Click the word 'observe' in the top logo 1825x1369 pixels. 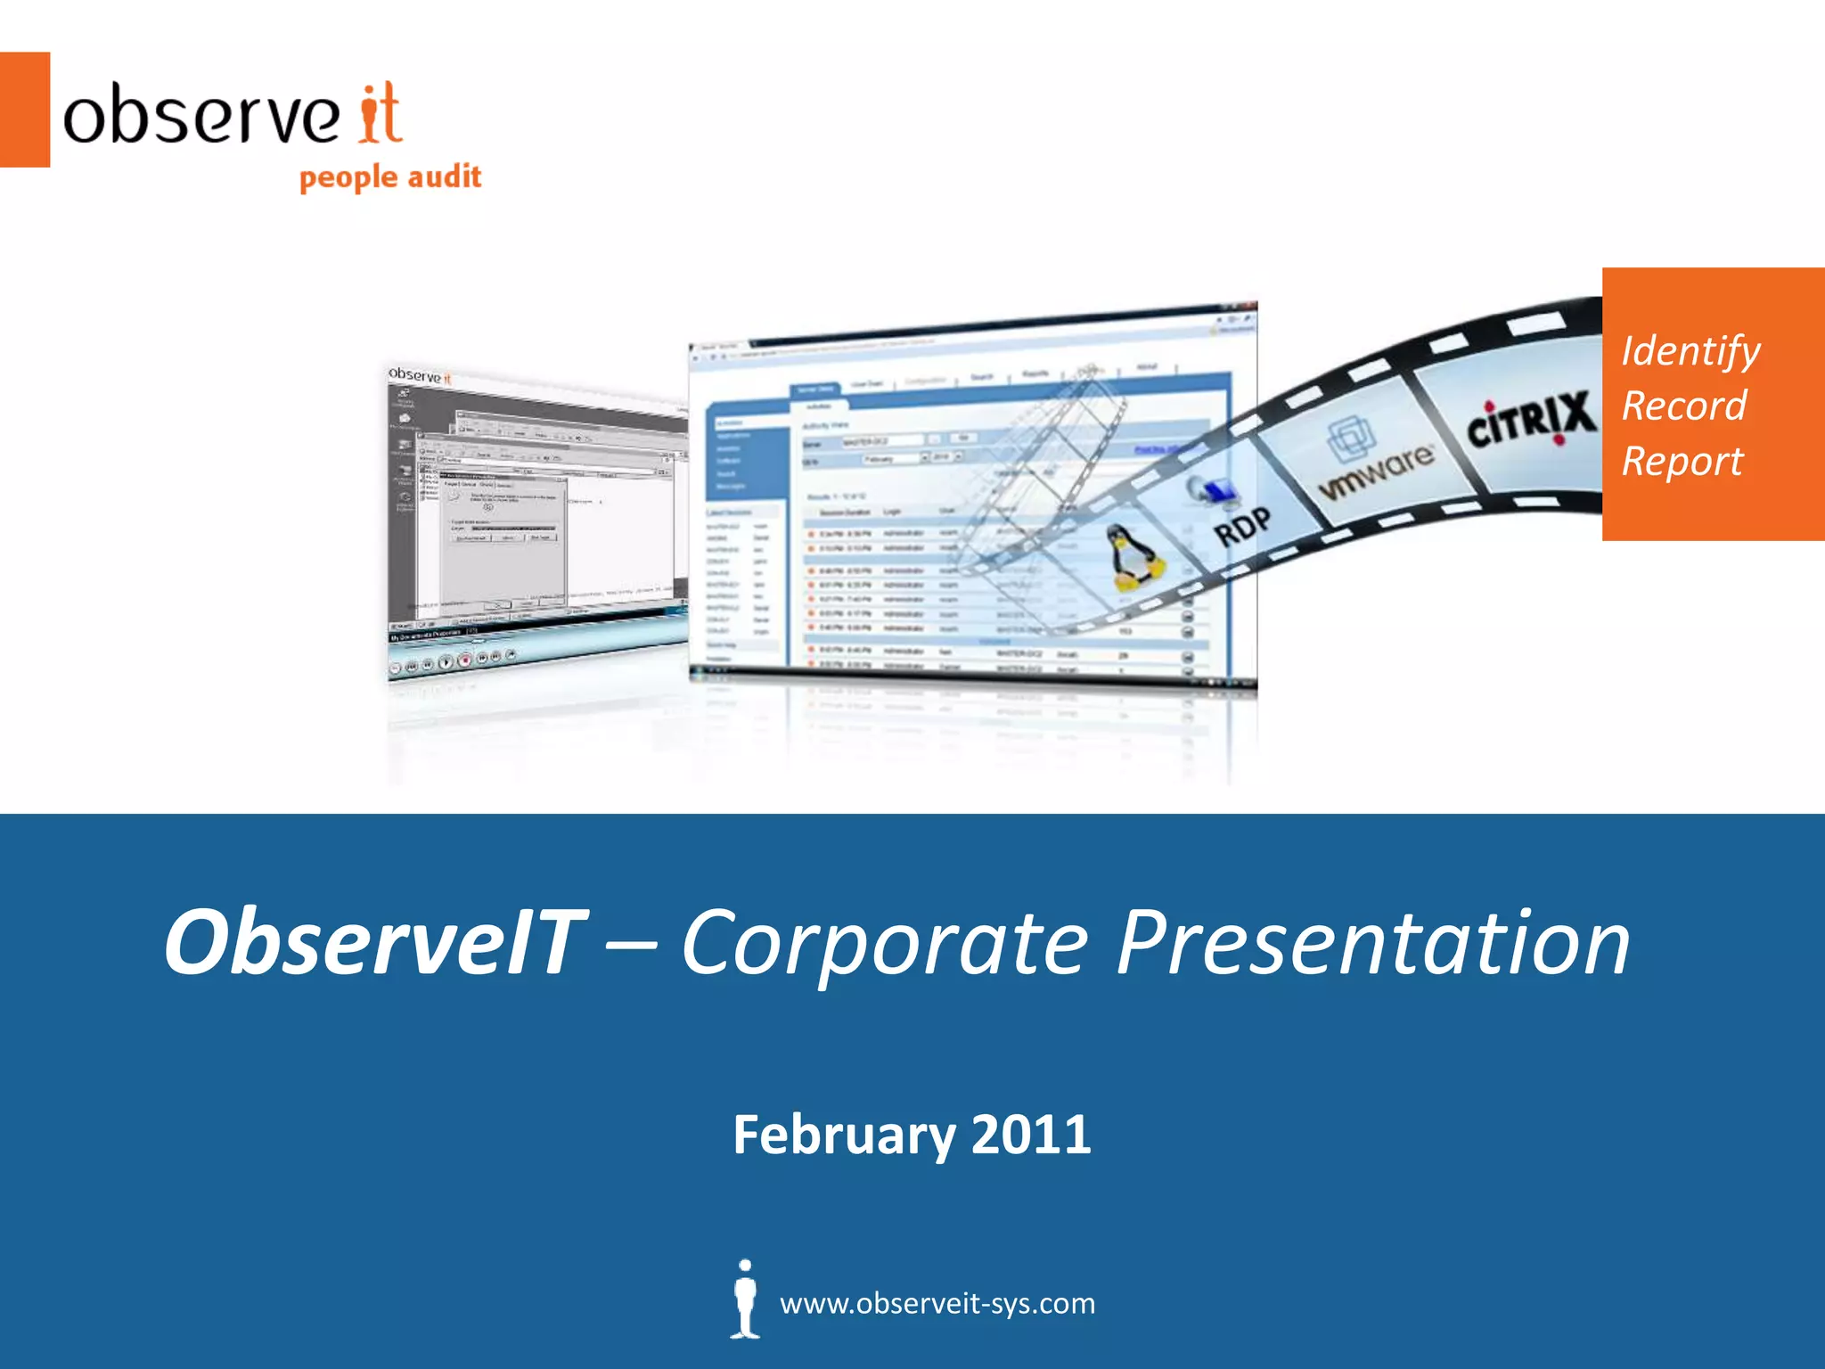(x=201, y=116)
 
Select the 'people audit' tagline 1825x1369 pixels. (x=390, y=177)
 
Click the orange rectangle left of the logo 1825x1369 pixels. (x=24, y=110)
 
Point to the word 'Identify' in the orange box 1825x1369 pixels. (x=1690, y=350)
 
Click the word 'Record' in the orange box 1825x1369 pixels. (x=1683, y=406)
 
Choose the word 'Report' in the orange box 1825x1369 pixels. (x=1682, y=462)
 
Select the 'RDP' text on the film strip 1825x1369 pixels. (x=1242, y=527)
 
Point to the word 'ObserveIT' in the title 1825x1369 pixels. (x=374, y=942)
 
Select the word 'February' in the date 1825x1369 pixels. (x=843, y=1135)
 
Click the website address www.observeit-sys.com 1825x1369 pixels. (x=937, y=1304)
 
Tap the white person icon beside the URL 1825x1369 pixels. (x=745, y=1299)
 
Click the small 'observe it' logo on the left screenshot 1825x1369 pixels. (x=420, y=376)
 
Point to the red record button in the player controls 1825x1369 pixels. (x=464, y=660)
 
